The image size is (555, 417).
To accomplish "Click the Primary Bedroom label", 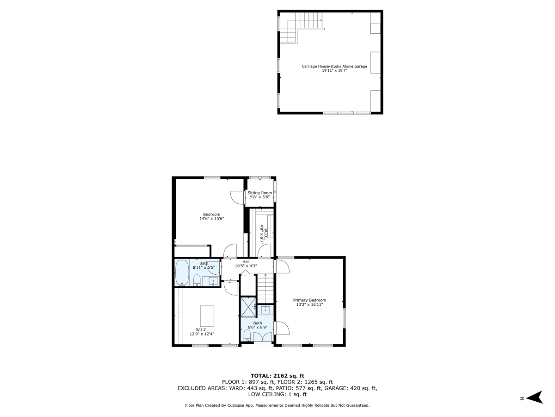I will (309, 300).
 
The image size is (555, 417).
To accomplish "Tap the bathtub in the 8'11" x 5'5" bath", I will (182, 273).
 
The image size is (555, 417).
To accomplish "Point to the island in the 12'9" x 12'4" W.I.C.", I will (207, 316).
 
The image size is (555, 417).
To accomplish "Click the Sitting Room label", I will (259, 193).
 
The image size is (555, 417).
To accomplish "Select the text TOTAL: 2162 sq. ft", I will (277, 375).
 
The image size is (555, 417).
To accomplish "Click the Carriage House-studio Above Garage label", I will (334, 66).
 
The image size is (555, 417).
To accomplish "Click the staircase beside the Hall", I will (265, 288).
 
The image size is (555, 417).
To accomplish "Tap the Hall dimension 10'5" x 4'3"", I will (246, 266).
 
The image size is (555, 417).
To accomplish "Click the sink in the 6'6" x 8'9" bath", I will (266, 310).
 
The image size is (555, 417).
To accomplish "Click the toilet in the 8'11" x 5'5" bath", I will (197, 279).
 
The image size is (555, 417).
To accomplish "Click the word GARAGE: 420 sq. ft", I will (354, 388).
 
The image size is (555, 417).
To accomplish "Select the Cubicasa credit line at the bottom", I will (277, 405).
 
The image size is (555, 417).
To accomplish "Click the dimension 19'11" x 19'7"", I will (334, 71).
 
